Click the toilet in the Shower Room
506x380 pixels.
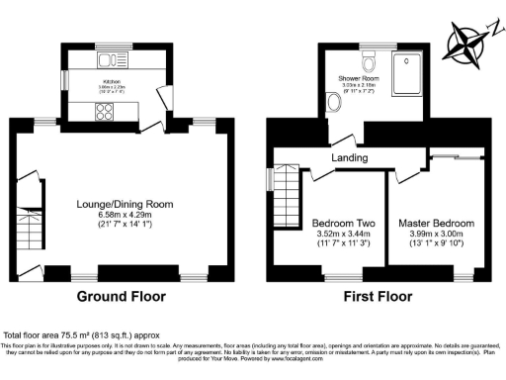pyautogui.click(x=371, y=65)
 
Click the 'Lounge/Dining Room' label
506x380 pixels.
pyautogui.click(x=125, y=204)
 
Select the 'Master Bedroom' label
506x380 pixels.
pyautogui.click(x=436, y=224)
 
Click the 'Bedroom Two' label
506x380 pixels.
pyautogui.click(x=341, y=224)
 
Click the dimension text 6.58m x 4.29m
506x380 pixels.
pyautogui.click(x=125, y=215)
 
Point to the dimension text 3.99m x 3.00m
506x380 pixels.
pyautogui.click(x=436, y=234)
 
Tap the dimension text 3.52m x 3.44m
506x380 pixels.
pyautogui.click(x=341, y=234)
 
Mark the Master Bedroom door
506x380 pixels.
pyautogui.click(x=402, y=174)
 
